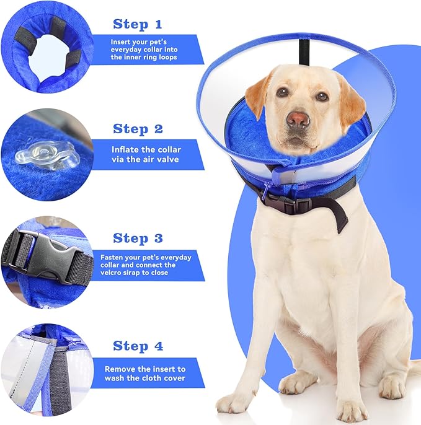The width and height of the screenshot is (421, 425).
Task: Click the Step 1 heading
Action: click(x=137, y=24)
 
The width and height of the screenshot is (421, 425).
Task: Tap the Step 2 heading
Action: click(x=138, y=129)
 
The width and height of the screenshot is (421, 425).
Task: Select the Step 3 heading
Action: click(x=138, y=238)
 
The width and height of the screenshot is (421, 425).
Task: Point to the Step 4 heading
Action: click(x=138, y=346)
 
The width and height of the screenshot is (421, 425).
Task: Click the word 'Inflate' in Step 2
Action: click(x=125, y=149)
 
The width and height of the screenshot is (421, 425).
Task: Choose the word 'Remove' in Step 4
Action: click(x=118, y=369)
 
